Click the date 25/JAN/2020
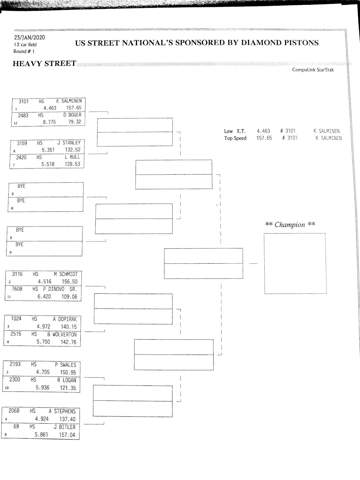[x=29, y=37]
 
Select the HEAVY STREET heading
[x=44, y=64]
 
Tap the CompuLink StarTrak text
[x=313, y=70]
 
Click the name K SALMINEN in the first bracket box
[x=69, y=101]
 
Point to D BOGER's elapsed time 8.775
[x=49, y=122]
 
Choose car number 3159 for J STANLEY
[x=22, y=143]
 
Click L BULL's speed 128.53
[x=72, y=164]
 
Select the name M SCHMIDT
[x=66, y=274]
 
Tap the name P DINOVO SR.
[x=60, y=289]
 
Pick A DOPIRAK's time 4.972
[x=43, y=327]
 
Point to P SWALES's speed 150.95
[x=68, y=373]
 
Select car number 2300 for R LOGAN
[x=15, y=380]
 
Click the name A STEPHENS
[x=62, y=411]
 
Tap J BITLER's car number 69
[x=16, y=426]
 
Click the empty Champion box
[x=295, y=263]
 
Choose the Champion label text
[x=290, y=225]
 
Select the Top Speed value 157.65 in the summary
[x=264, y=138]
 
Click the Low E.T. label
[x=235, y=131]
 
